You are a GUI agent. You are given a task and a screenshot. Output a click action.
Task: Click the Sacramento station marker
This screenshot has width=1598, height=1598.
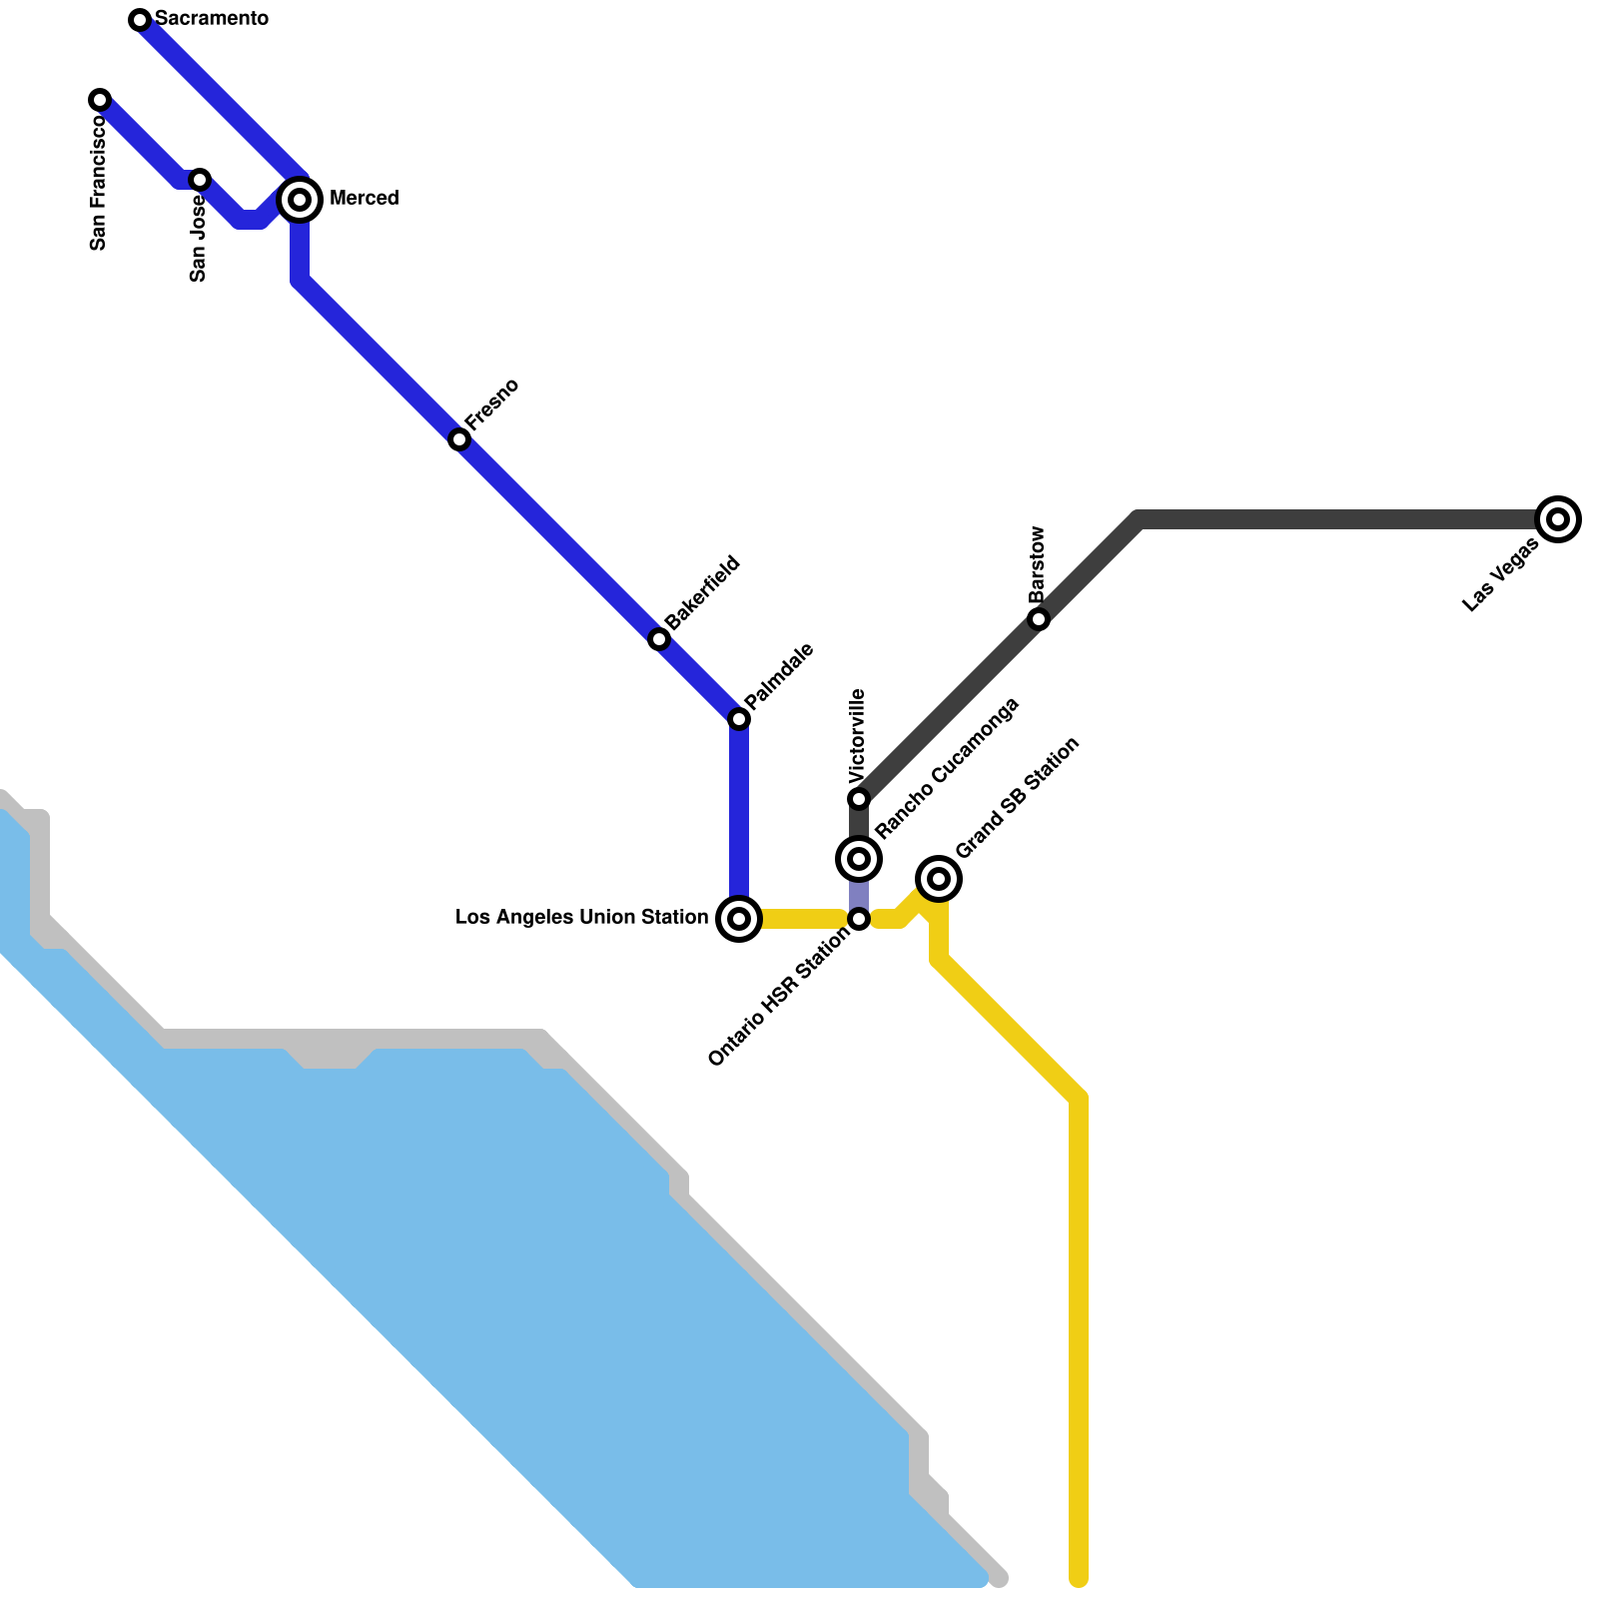[x=140, y=20]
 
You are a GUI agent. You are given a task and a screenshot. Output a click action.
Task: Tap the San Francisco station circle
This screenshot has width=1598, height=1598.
[x=100, y=100]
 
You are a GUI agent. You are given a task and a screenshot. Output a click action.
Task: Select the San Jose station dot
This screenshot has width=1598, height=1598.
[x=200, y=180]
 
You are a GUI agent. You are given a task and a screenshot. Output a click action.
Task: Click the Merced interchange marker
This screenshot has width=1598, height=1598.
[x=300, y=200]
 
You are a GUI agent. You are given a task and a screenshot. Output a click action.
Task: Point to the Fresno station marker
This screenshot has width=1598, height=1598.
[x=459, y=439]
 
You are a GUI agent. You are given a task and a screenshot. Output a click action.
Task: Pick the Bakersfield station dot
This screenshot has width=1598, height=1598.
[x=659, y=639]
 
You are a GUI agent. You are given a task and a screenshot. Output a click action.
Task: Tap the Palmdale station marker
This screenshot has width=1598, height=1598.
[x=739, y=719]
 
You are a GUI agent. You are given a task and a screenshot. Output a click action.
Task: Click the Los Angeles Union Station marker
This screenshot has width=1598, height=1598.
[x=739, y=919]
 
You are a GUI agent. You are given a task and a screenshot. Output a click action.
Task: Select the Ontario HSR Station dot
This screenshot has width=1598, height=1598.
[x=859, y=919]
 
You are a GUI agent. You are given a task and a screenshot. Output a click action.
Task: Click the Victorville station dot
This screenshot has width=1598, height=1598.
[x=859, y=799]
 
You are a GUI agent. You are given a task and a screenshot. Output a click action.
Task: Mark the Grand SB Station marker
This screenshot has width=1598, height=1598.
[x=939, y=879]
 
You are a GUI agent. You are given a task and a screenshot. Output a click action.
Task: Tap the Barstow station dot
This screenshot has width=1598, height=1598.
[x=1039, y=619]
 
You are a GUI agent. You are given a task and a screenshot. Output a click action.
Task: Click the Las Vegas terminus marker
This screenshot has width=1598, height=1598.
[x=1558, y=519]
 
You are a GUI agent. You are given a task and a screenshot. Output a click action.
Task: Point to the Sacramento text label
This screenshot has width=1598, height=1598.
[x=212, y=19]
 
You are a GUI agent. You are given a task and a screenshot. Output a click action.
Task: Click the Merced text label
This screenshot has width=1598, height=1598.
[x=364, y=198]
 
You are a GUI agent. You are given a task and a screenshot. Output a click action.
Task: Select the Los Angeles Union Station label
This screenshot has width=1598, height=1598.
[x=581, y=917]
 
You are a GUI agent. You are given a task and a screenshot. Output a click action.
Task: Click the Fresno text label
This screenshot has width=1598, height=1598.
[x=492, y=403]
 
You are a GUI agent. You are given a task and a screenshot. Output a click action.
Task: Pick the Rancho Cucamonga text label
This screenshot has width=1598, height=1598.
[x=946, y=768]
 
